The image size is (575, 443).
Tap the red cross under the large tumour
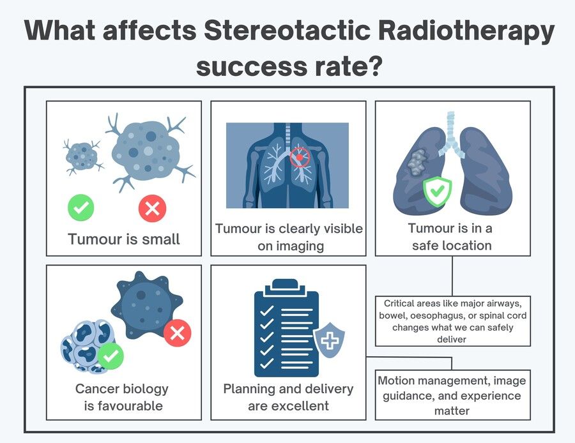(152, 208)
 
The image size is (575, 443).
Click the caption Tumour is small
(124, 239)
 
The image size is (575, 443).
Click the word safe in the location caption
(427, 245)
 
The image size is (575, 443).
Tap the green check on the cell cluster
(111, 356)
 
